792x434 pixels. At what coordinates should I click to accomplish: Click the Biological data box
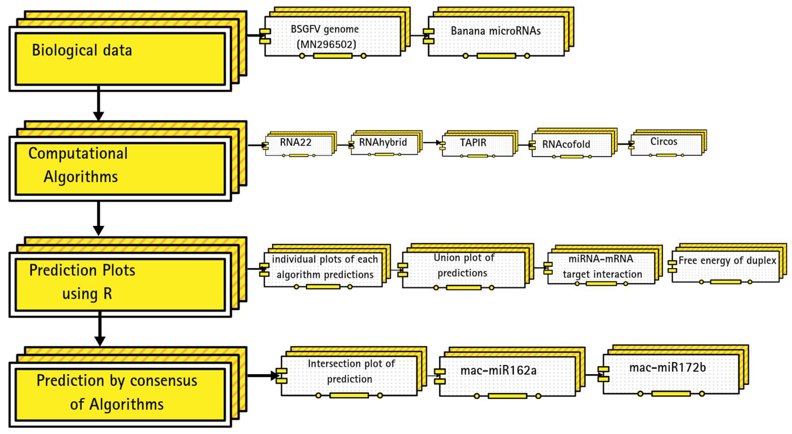pyautogui.click(x=120, y=58)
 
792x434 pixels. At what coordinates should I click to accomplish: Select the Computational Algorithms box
pyautogui.click(x=120, y=169)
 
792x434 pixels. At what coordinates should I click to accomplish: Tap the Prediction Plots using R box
pyautogui.click(x=120, y=285)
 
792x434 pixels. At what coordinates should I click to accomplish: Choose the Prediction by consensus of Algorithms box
pyautogui.click(x=120, y=395)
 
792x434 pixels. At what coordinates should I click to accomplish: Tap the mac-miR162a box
pyautogui.click(x=507, y=377)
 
